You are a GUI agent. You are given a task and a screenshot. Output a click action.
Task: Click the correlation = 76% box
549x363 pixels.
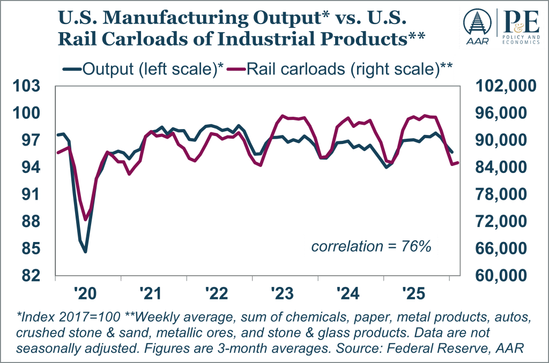[x=372, y=247]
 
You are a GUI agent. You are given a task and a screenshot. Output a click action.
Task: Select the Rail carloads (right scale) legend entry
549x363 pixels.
[x=343, y=69]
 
